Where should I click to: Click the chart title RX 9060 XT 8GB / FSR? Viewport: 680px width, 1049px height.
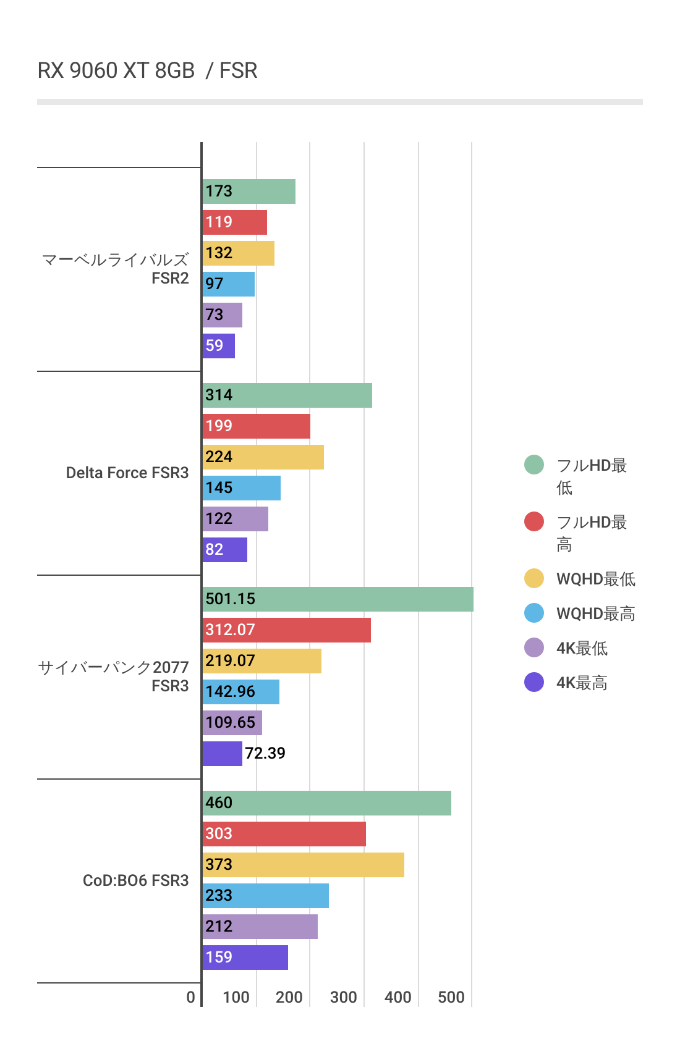click(147, 70)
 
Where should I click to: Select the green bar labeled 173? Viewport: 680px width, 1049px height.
click(249, 192)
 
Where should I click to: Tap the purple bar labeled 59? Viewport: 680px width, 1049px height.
click(219, 346)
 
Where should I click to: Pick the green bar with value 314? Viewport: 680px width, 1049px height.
click(287, 395)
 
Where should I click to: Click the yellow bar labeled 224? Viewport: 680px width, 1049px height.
click(263, 457)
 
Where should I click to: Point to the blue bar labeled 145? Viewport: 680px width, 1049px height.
click(242, 488)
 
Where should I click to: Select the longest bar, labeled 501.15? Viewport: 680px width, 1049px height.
click(338, 599)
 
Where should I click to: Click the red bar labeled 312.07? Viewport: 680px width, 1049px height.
click(286, 630)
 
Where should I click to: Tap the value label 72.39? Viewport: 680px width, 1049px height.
click(265, 753)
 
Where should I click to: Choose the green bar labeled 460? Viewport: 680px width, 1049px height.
click(326, 803)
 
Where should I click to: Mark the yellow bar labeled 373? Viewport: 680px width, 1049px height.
click(303, 865)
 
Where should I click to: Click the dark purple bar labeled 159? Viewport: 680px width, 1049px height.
click(245, 958)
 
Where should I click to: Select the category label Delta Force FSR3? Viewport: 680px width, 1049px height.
click(127, 473)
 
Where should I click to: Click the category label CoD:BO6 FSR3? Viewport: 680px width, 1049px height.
click(136, 880)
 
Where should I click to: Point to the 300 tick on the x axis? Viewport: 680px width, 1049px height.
click(344, 997)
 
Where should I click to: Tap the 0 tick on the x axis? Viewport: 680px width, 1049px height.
click(191, 997)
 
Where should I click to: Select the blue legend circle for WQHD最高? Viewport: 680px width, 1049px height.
click(534, 613)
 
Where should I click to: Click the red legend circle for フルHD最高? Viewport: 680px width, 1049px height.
click(534, 521)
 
